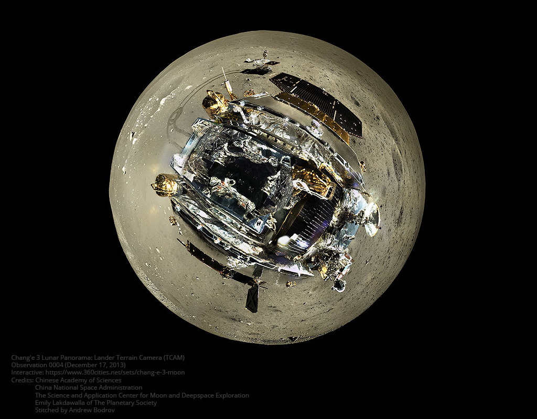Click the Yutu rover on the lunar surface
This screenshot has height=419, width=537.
(x=260, y=63)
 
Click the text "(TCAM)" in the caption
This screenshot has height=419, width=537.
(x=174, y=358)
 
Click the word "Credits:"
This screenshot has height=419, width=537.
(x=22, y=380)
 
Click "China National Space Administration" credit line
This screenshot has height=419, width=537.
(x=89, y=388)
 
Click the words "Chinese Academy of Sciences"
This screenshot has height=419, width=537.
(x=78, y=380)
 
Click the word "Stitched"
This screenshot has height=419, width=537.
(x=47, y=411)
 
